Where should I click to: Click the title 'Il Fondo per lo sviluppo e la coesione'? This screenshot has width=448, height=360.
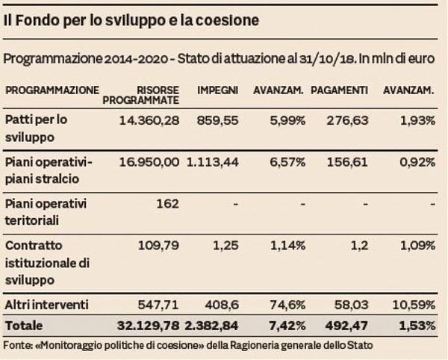131,21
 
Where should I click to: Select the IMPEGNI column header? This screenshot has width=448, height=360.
217,90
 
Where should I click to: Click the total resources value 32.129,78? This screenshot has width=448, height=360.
149,326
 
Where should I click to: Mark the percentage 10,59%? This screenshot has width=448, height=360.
414,305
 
